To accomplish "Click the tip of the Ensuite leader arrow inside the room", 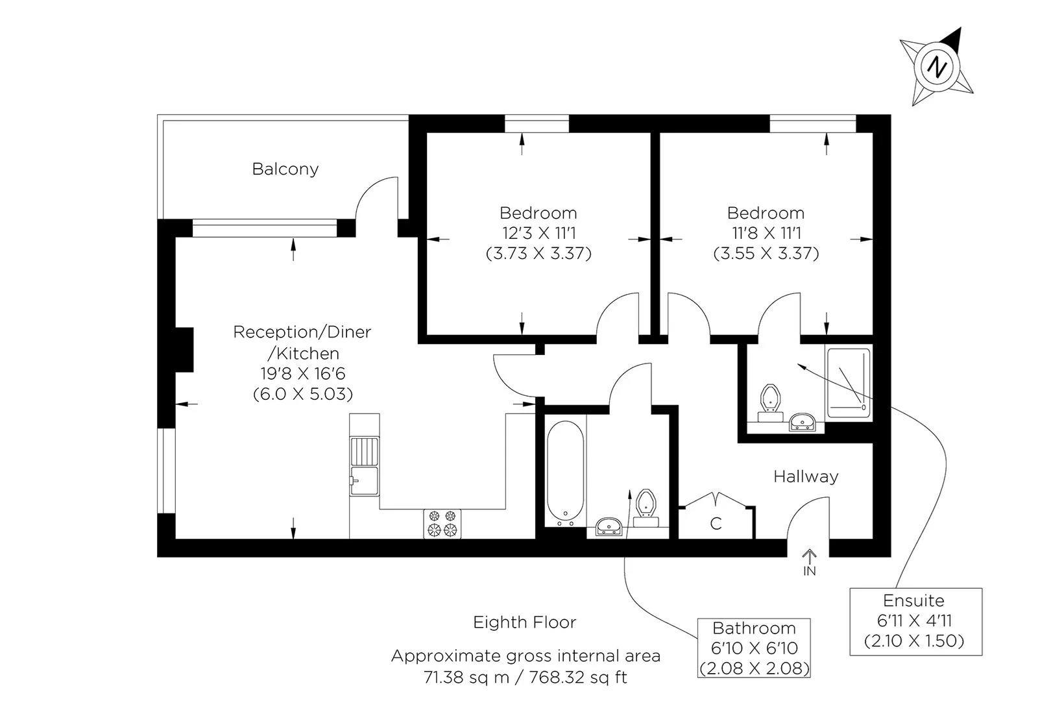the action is [798, 364].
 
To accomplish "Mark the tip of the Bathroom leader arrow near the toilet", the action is [630, 489].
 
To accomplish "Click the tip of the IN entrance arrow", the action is [810, 550].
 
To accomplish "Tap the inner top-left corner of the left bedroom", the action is [426, 133].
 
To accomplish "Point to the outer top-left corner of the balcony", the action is [158, 115].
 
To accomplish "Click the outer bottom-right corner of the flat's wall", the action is [891, 557].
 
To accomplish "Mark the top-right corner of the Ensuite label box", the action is [982, 588].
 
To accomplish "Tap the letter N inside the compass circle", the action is [937, 67].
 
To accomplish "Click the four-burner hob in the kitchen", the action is [442, 524].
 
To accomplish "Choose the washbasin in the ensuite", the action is [803, 422].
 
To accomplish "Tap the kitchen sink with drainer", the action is [365, 466].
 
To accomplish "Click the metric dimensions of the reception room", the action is [302, 394].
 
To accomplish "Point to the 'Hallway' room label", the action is [806, 476].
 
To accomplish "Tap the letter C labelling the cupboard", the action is [716, 524].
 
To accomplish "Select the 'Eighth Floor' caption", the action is [525, 622].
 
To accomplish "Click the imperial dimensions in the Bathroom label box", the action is [754, 648].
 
